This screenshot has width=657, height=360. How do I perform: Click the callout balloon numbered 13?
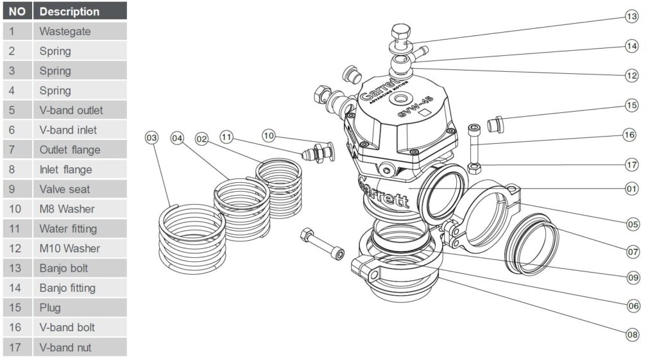(632, 17)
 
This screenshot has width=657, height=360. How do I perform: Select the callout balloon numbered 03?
(152, 137)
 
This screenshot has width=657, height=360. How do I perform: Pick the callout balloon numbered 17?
(632, 164)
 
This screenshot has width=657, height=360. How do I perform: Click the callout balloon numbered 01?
(632, 189)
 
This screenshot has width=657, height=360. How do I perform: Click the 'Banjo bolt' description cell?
(80, 268)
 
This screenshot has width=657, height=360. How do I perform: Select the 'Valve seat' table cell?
(80, 189)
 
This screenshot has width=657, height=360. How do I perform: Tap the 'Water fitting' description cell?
(80, 228)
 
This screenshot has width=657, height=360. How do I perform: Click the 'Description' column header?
(80, 12)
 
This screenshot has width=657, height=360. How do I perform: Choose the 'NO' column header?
(17, 12)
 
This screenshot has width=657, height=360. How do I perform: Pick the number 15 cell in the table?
(17, 307)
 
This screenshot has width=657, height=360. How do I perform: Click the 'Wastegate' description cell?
(80, 31)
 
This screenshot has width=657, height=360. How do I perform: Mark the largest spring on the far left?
(192, 234)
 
